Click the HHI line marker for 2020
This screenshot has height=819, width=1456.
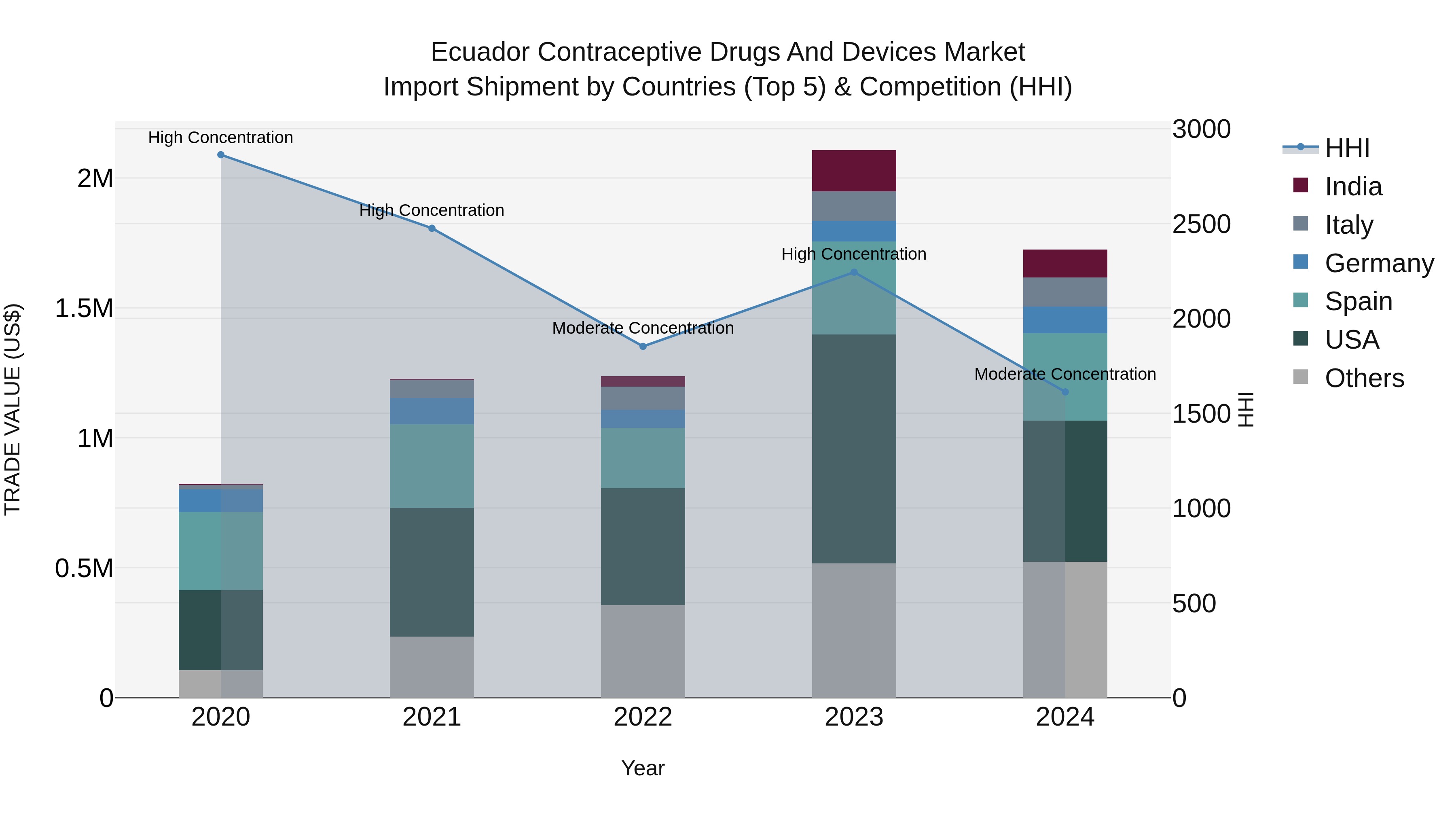220,155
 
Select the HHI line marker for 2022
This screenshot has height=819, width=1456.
643,347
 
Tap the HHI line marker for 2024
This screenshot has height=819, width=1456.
1065,392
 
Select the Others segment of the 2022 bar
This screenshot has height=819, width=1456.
643,651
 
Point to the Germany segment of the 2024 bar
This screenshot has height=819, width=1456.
1065,320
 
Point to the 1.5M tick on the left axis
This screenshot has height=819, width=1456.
84,309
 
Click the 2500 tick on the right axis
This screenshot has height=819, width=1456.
1201,224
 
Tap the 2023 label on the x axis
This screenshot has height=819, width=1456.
853,717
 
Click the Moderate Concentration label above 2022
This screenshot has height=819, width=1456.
643,328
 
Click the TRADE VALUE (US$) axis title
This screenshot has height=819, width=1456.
13,409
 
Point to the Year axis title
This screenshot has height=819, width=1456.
643,768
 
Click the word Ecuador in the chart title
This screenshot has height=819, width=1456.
480,52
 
